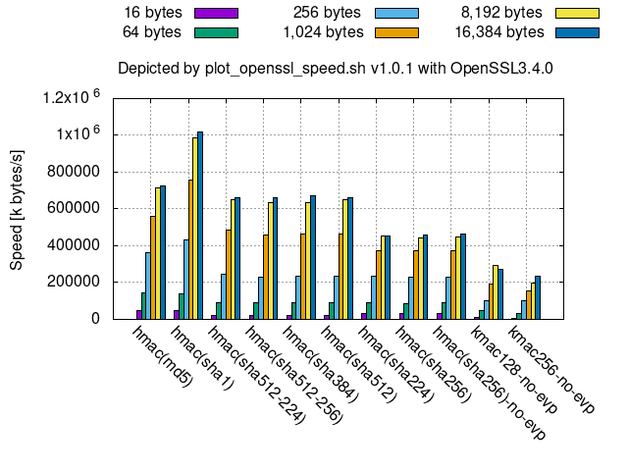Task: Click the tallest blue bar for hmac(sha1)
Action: coord(200,226)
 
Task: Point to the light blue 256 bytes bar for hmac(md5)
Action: coord(147,286)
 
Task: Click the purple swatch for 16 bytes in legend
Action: coord(217,14)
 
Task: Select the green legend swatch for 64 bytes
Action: coord(217,31)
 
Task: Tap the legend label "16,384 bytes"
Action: coord(499,31)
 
